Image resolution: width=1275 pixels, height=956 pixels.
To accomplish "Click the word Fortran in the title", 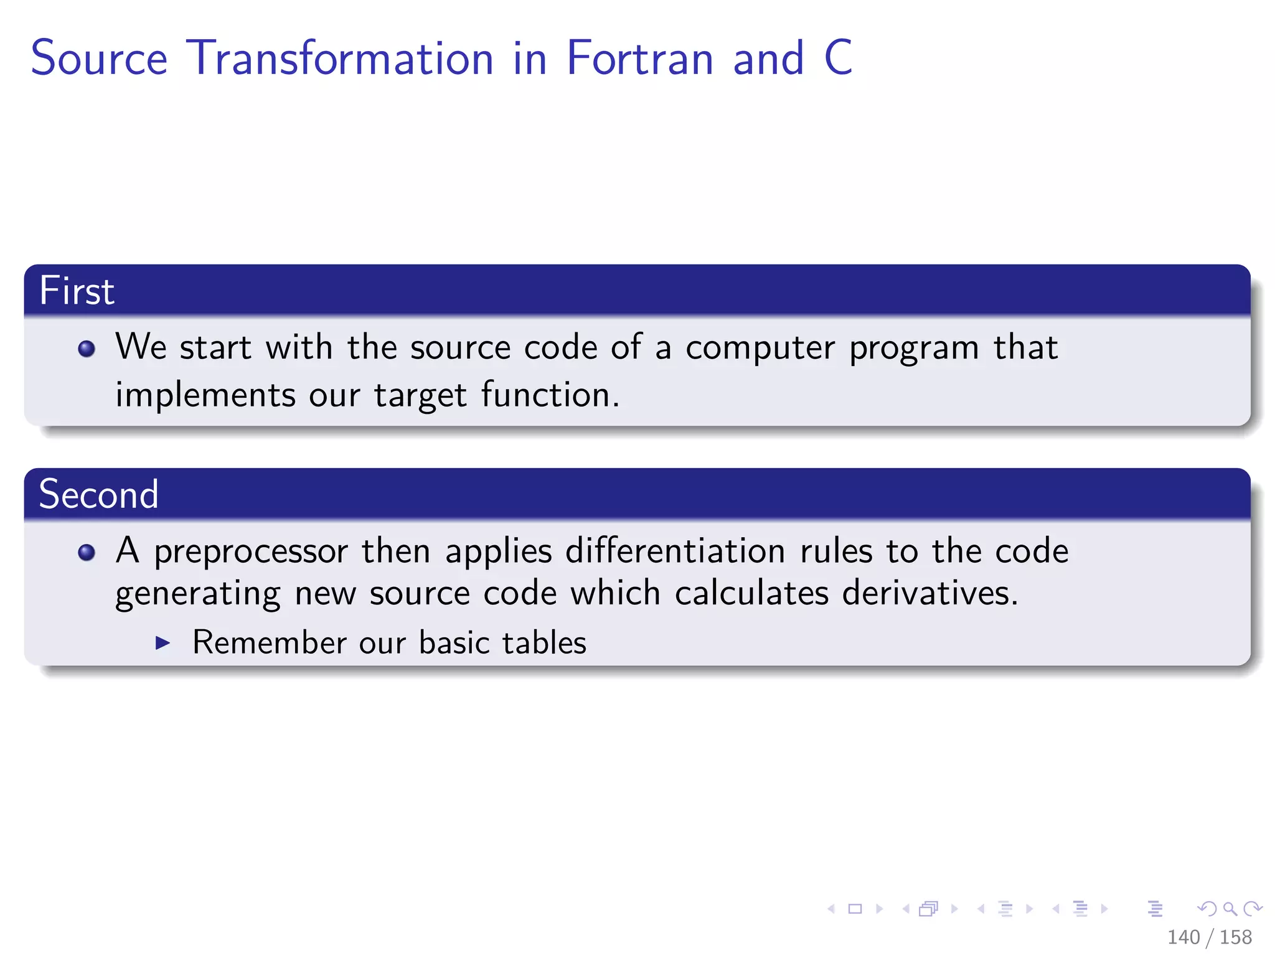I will (x=639, y=58).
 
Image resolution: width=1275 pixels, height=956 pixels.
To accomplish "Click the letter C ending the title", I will (x=838, y=58).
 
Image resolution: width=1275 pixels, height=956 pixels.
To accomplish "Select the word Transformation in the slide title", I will (x=340, y=58).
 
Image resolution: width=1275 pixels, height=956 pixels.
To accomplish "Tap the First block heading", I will (x=77, y=291).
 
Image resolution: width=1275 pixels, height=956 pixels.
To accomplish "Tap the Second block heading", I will (x=98, y=494).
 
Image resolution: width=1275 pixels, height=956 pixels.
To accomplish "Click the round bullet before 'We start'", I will (x=87, y=349).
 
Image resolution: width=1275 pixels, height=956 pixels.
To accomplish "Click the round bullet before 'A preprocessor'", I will (x=87, y=552).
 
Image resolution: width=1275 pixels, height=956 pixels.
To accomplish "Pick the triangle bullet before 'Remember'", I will (x=162, y=643).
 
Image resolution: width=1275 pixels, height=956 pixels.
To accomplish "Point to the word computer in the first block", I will (x=760, y=348).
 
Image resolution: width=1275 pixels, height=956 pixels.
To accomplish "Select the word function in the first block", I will (x=550, y=395).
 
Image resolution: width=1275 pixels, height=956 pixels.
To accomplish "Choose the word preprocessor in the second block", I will (x=250, y=552).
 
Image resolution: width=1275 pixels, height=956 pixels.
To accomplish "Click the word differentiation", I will (x=675, y=551).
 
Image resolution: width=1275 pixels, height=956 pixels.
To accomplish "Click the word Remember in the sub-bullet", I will (x=269, y=643).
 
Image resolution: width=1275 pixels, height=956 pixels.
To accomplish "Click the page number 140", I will (x=1183, y=937).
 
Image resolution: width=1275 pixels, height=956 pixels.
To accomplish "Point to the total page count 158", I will (x=1235, y=937).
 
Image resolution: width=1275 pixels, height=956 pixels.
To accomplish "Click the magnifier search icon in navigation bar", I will (x=1230, y=909).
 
